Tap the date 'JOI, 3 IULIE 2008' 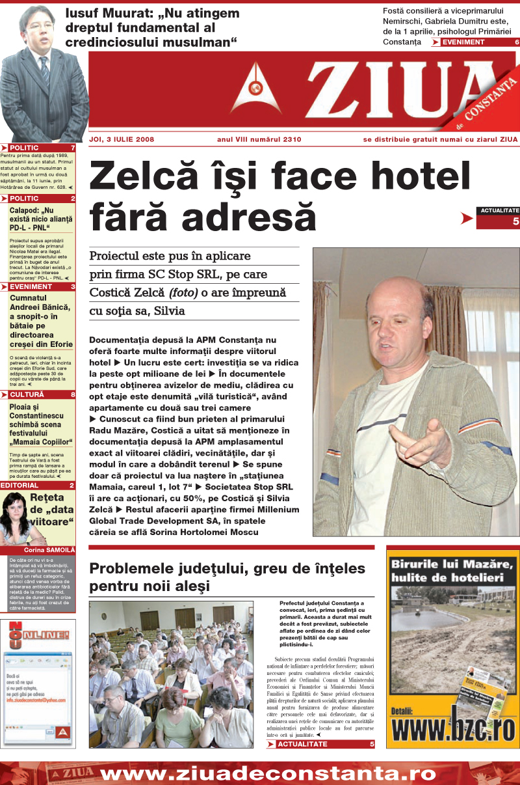122,139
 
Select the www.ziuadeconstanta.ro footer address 268,774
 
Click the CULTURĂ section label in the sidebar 27,394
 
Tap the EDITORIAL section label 19,486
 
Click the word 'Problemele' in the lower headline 134,568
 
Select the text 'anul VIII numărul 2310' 259,139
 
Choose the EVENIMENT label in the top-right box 463,42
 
